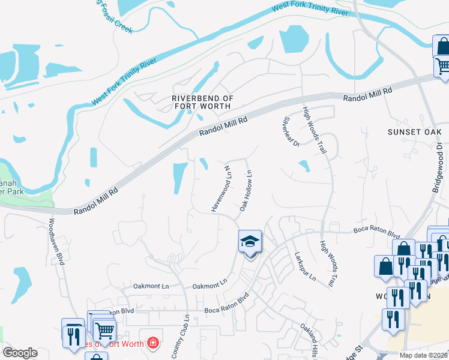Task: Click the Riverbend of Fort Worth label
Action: pos(201,102)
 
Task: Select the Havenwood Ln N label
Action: pos(220,187)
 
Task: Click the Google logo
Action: pos(20,353)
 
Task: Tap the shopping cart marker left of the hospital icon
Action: pos(104,329)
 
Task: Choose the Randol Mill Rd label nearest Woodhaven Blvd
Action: pos(95,202)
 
